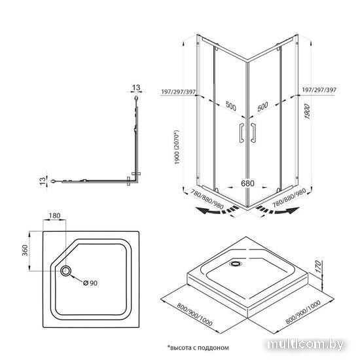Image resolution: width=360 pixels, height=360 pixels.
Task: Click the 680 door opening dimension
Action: [247, 183]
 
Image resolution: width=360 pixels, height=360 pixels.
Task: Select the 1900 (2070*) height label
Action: [177, 147]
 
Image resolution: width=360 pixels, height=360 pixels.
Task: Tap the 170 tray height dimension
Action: [319, 266]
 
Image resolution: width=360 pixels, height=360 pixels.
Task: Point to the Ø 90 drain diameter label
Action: [90, 283]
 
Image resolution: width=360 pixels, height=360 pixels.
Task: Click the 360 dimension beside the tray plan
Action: [25, 250]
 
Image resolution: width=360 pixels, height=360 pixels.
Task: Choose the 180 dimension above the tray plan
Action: [54, 215]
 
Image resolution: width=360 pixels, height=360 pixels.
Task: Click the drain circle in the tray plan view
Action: [65, 271]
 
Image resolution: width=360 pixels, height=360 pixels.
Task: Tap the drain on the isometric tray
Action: [236, 263]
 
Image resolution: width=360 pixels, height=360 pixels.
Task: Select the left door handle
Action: [242, 133]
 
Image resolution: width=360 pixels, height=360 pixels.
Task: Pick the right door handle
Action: [253, 133]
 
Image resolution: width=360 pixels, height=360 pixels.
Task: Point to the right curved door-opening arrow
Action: [278, 210]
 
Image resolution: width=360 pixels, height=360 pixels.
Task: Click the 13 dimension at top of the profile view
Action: [136, 88]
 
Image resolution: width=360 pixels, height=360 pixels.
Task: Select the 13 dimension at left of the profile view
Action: [43, 181]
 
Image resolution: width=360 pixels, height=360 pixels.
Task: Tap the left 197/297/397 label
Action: [178, 92]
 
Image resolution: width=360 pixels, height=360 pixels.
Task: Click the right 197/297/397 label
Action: [319, 90]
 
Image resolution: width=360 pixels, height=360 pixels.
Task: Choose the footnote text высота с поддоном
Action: [199, 348]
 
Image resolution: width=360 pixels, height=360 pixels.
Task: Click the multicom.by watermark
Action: [306, 344]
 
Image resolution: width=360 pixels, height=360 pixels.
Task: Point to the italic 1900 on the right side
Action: [307, 111]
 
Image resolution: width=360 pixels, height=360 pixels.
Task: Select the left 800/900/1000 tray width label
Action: [194, 315]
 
